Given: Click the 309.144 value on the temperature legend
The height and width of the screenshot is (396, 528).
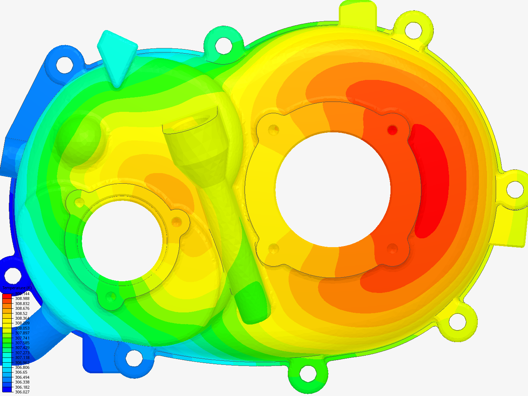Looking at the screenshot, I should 22,294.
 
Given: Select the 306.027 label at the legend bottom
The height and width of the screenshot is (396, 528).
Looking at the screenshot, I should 22,392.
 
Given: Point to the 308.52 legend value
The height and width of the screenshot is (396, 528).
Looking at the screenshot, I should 21,313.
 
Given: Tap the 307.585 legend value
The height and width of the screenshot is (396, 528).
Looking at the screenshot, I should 22,343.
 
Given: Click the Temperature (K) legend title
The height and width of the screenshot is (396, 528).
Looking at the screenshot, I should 17,288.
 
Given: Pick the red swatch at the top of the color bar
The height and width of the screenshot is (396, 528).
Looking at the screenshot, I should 7,296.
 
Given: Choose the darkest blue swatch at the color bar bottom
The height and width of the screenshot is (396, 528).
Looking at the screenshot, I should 7,389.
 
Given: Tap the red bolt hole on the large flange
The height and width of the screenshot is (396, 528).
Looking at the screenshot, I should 392,130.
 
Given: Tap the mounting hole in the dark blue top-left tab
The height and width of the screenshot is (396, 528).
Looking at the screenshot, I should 64,64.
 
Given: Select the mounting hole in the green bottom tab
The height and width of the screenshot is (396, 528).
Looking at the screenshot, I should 308,374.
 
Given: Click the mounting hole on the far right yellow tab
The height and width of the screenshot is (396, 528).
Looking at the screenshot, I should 515,189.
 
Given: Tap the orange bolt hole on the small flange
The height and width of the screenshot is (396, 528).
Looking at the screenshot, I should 177,221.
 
